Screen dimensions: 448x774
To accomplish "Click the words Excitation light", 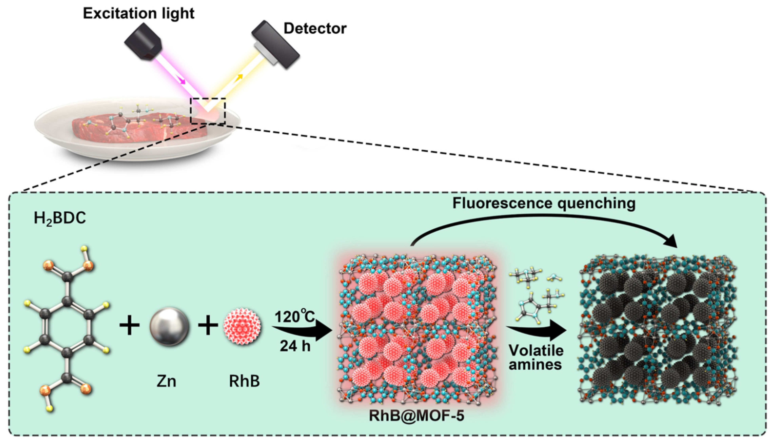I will point(139,13).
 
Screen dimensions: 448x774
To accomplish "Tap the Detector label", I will point(315,28).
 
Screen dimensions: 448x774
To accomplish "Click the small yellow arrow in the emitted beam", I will point(239,77).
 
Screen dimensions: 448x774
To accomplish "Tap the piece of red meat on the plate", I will point(138,129).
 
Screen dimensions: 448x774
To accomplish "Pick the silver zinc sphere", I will point(169,326).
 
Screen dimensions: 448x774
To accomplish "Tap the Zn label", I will point(166,381).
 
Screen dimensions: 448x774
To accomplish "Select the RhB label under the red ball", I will point(244,381).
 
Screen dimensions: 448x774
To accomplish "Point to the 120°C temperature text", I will point(295,316).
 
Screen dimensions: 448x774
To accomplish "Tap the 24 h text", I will point(295,346).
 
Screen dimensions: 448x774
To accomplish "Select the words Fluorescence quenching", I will point(544,203).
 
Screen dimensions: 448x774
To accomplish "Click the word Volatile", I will point(536,350).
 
